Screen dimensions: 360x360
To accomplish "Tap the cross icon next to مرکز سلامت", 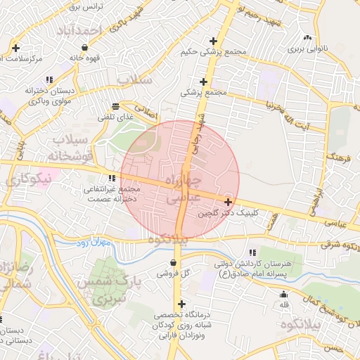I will pyautogui.click(x=15, y=48).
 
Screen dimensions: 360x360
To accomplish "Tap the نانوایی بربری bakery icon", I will pyautogui.click(x=306, y=38).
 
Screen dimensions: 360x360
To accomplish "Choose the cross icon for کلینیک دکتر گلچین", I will pyautogui.click(x=228, y=202).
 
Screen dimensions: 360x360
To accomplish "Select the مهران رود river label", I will pyautogui.click(x=91, y=243).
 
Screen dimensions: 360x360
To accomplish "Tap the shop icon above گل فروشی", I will pyautogui.click(x=173, y=262).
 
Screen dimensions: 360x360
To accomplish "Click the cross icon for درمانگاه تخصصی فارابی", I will pyautogui.click(x=182, y=304).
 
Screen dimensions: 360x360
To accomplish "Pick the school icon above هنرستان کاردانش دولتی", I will pyautogui.click(x=252, y=252).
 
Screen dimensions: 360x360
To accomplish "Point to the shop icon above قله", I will pyautogui.click(x=284, y=295).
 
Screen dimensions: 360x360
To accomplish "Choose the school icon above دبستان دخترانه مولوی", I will pyautogui.click(x=49, y=80).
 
